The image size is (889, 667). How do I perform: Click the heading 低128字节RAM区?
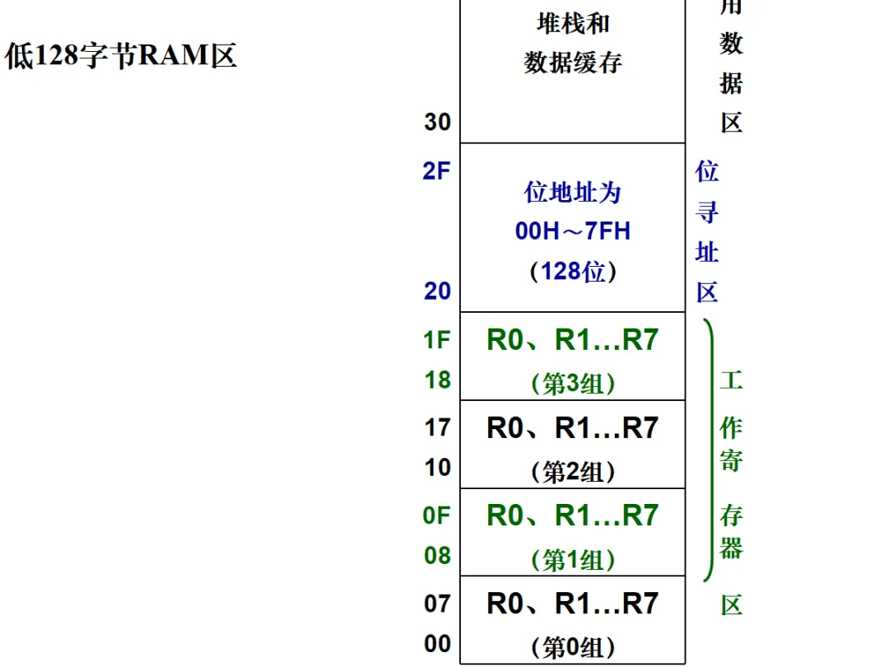pos(121,56)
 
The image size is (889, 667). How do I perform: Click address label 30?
pos(437,122)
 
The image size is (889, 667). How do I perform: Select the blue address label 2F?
pos(437,171)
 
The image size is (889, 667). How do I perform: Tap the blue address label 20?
pos(437,291)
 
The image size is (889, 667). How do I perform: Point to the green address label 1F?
pos(437,339)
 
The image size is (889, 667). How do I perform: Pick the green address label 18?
pos(437,380)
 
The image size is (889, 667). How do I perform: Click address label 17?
pos(437,427)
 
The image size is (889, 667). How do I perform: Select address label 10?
pos(437,467)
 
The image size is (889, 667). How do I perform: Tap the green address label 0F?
pos(437,515)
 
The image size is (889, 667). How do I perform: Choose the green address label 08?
pos(437,556)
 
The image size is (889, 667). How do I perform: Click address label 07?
pos(437,604)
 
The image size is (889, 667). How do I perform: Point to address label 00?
pos(437,643)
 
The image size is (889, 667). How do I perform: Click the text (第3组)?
pos(573,384)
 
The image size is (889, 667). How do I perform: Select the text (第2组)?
pos(573,472)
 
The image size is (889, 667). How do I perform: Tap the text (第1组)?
pos(573,560)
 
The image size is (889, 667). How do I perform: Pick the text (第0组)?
pos(573,648)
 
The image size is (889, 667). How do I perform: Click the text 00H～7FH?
pos(573,231)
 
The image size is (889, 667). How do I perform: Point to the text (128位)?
pos(573,271)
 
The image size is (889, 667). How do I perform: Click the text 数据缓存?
pos(573,63)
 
